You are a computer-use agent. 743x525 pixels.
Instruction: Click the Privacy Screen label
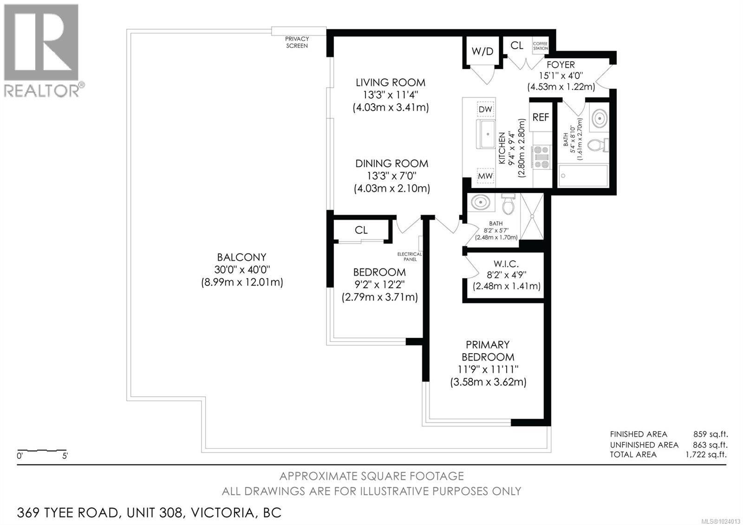tap(297, 42)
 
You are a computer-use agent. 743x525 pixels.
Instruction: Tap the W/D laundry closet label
tap(482, 51)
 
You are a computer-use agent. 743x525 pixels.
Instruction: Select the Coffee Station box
tap(541, 46)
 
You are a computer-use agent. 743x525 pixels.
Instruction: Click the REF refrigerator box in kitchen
tap(541, 117)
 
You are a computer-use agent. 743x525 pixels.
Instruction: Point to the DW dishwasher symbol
tap(485, 109)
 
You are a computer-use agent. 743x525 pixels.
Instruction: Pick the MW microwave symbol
tap(485, 176)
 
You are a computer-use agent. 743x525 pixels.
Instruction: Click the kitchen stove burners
tap(542, 157)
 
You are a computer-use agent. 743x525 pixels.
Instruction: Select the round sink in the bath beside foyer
tap(599, 118)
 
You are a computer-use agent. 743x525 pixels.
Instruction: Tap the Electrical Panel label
tap(409, 256)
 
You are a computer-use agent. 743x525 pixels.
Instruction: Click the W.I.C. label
tap(506, 264)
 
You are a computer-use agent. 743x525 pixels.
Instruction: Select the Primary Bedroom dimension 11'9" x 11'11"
tap(488, 369)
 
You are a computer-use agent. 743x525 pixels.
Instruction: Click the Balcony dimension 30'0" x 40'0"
tap(242, 269)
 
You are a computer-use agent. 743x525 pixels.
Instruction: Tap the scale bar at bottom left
tap(42, 451)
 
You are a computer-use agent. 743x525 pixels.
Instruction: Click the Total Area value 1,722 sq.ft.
tap(706, 454)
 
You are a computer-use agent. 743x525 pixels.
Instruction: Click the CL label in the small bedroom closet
tap(361, 230)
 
